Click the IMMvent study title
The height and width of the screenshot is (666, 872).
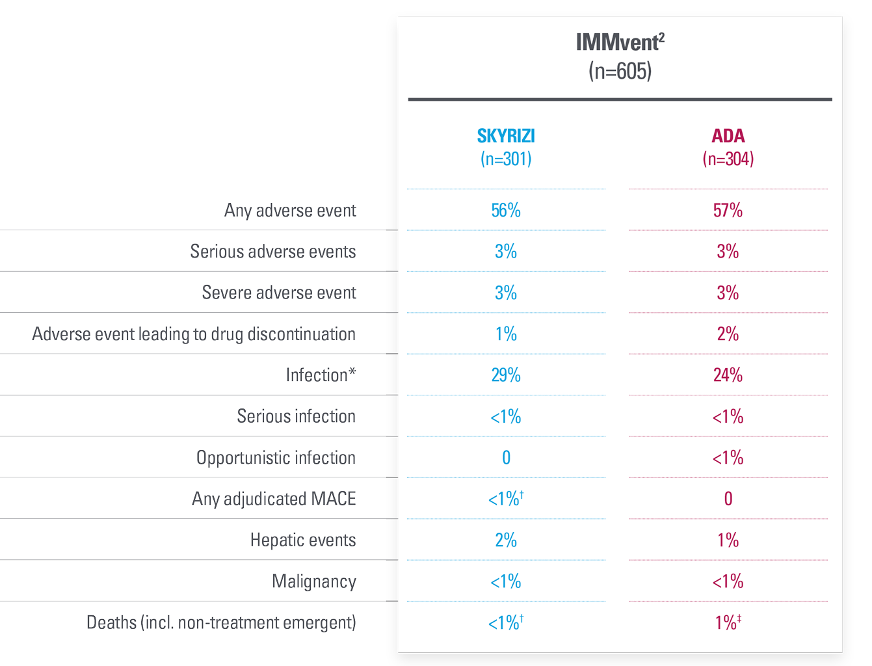point(620,43)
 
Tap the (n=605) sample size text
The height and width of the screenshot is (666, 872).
point(620,71)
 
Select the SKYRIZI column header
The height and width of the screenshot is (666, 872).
point(506,136)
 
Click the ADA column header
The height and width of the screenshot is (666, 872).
point(728,136)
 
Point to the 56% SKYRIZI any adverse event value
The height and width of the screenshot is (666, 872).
point(506,211)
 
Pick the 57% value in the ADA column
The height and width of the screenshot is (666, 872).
point(728,211)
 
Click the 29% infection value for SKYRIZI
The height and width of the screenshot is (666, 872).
point(506,375)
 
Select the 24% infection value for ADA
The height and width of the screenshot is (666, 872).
point(728,375)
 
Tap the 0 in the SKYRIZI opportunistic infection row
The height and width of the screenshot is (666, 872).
point(506,458)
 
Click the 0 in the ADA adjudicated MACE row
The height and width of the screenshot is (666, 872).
point(728,499)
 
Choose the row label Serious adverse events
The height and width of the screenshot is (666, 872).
point(272,252)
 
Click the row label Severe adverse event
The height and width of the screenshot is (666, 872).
point(278,293)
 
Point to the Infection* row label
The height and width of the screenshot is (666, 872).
point(321,375)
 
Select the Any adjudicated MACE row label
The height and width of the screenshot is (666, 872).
point(274,499)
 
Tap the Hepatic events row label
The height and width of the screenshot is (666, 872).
point(303,540)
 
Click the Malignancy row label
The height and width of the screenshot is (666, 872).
point(313,581)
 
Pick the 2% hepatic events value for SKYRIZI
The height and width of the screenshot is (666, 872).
point(506,540)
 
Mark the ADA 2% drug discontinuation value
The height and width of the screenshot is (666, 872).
point(728,334)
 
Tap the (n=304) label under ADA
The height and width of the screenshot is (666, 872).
point(728,159)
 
